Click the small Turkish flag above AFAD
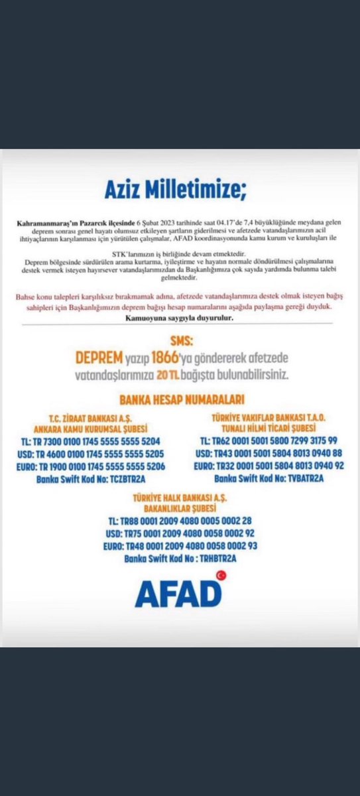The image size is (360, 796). click(221, 576)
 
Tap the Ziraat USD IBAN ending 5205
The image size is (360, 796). click(97, 453)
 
